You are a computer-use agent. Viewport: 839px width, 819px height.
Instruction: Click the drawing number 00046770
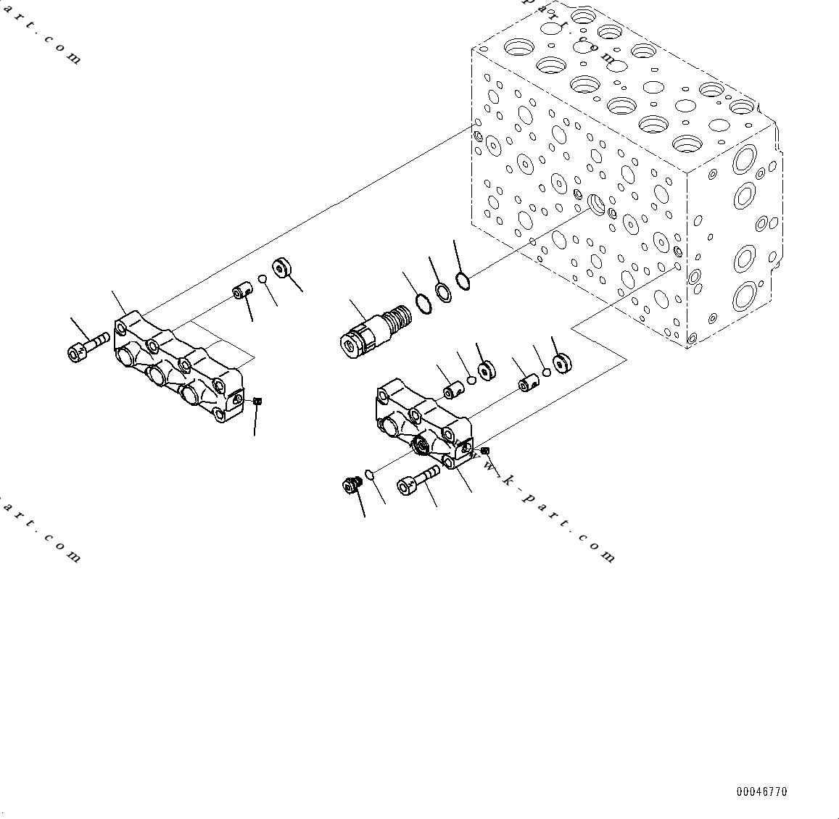[x=761, y=791]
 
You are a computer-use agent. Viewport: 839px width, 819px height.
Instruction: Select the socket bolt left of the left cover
[x=86, y=346]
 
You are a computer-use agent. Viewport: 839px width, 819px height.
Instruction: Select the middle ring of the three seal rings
[x=443, y=291]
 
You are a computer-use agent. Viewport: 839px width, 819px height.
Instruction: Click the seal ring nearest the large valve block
[x=463, y=278]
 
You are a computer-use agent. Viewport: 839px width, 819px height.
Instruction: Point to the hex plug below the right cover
[x=352, y=486]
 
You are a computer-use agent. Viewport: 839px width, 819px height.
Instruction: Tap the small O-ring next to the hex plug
[x=369, y=475]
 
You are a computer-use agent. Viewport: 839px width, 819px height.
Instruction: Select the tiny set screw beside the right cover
[x=485, y=450]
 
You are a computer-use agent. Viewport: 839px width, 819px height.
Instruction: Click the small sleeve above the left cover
[x=241, y=291]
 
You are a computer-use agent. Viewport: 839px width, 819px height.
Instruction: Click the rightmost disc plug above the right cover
[x=561, y=363]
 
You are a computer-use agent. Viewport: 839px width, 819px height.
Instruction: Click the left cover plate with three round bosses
[x=178, y=370]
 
